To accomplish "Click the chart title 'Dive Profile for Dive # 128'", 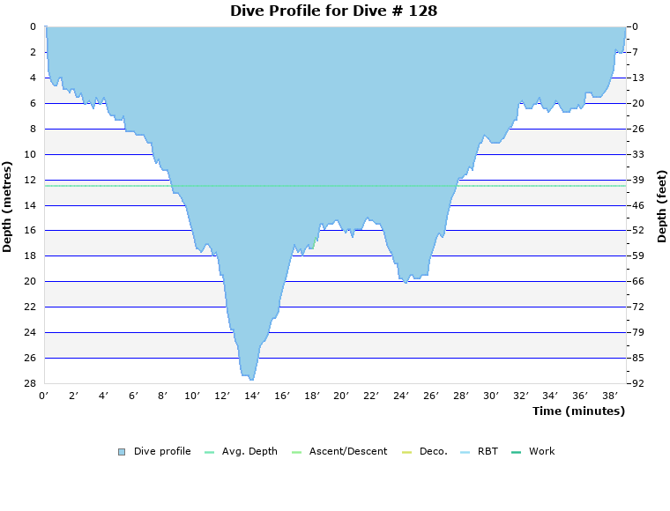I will (334, 11).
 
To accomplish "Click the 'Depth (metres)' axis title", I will (8, 206).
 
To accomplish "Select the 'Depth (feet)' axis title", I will (662, 206).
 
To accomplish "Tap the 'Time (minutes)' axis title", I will (578, 411).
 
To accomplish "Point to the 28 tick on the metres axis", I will (30, 384).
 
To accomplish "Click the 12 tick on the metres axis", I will (30, 180).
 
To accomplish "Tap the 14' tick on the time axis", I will (252, 396).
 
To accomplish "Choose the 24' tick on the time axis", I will (401, 396).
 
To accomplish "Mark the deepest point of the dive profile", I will (251, 379).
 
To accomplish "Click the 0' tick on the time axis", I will (44, 396).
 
